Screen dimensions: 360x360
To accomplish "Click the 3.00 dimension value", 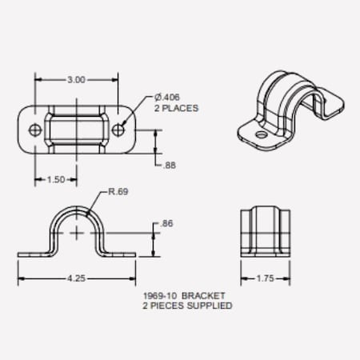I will point(75,80).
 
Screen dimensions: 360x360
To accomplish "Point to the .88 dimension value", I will point(169,166).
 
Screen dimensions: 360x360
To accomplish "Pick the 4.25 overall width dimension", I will point(76,278).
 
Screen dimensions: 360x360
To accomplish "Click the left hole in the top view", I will point(34,129).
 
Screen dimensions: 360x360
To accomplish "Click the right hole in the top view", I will point(118,129).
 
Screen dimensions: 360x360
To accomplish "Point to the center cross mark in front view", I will point(77,232).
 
